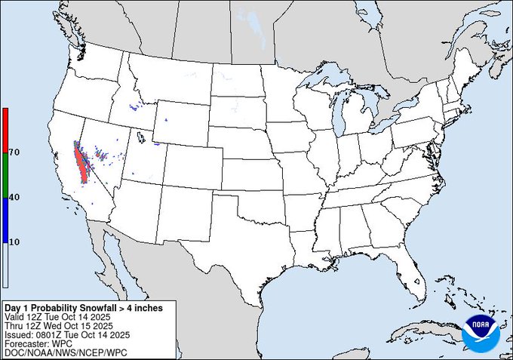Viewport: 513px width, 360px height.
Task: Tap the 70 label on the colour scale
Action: [x=14, y=152]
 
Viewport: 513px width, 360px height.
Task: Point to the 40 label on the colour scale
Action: [x=14, y=197]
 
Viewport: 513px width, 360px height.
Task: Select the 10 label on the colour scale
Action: [x=14, y=242]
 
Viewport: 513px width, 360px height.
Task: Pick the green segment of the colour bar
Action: [x=5, y=174]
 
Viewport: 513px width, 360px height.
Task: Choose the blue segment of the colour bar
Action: [x=5, y=219]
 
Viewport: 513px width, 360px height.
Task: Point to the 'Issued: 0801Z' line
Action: [x=68, y=334]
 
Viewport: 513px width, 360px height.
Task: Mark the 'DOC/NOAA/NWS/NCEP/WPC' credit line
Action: [x=57, y=352]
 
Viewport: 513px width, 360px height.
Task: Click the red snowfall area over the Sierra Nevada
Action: [x=81, y=163]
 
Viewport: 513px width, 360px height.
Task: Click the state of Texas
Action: [x=241, y=242]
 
